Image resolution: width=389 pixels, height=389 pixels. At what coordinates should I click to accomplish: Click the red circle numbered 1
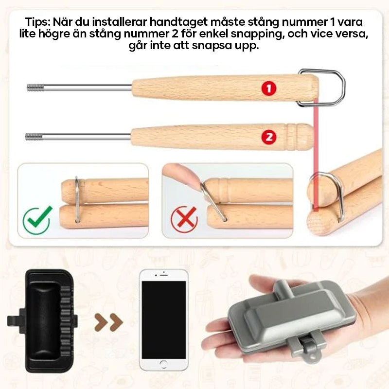pyautogui.click(x=269, y=88)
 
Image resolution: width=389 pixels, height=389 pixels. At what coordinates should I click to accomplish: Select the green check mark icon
pyautogui.click(x=37, y=219)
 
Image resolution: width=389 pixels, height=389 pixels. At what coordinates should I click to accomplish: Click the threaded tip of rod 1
pyautogui.click(x=35, y=88)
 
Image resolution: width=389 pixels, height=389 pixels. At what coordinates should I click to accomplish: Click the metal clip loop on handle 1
pyautogui.click(x=327, y=88)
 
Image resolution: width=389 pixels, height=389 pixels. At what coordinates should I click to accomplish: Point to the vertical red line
pyautogui.click(x=316, y=146)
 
